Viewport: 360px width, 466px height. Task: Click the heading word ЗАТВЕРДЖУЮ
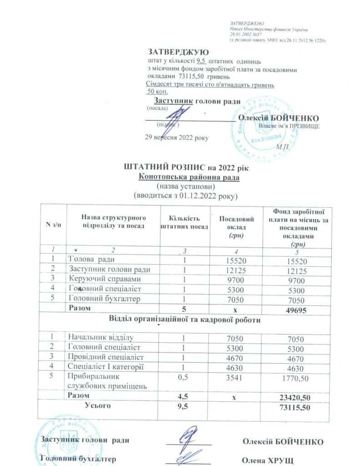pos(178,52)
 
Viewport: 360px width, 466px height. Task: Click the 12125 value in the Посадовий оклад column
pos(235,270)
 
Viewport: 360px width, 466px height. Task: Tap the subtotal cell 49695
pos(294,309)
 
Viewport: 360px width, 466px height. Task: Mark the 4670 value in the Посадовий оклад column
pos(235,357)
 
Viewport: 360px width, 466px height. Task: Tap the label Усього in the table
pos(98,405)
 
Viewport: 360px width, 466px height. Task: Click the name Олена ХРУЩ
pos(267,459)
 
